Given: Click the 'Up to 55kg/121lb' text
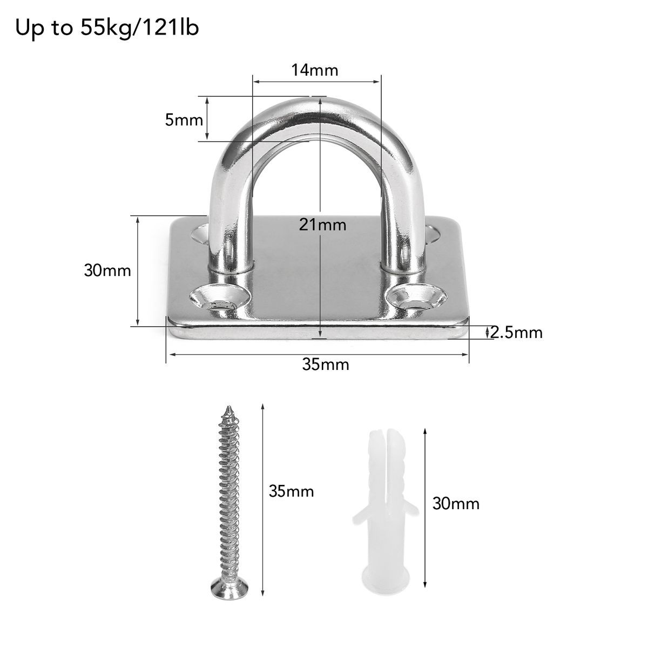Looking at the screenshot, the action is click(x=107, y=28).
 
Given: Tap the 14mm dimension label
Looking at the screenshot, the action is click(x=314, y=70).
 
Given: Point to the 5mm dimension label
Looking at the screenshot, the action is click(x=184, y=120).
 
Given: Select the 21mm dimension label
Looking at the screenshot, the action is click(x=322, y=225).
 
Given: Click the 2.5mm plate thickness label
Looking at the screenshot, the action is click(x=516, y=333).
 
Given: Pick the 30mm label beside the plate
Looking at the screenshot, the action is click(x=107, y=271).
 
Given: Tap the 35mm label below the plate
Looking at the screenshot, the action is click(x=326, y=364).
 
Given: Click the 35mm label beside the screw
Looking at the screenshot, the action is click(x=291, y=491).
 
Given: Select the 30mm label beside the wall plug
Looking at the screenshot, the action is click(x=456, y=503).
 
